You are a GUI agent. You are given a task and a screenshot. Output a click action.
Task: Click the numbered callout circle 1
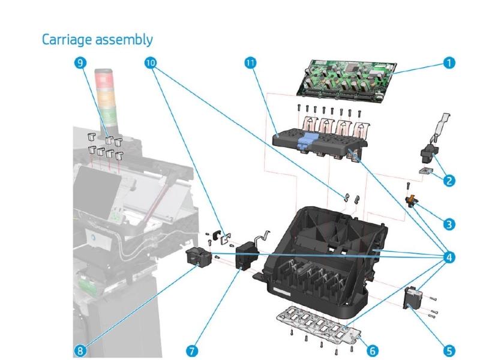(x=447, y=62)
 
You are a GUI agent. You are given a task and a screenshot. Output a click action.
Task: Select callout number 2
(x=447, y=178)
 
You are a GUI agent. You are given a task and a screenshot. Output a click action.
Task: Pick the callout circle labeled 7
(x=192, y=348)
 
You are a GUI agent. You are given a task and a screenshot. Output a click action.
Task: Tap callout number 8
(x=80, y=348)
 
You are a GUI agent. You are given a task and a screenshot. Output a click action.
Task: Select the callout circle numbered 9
(x=80, y=62)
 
